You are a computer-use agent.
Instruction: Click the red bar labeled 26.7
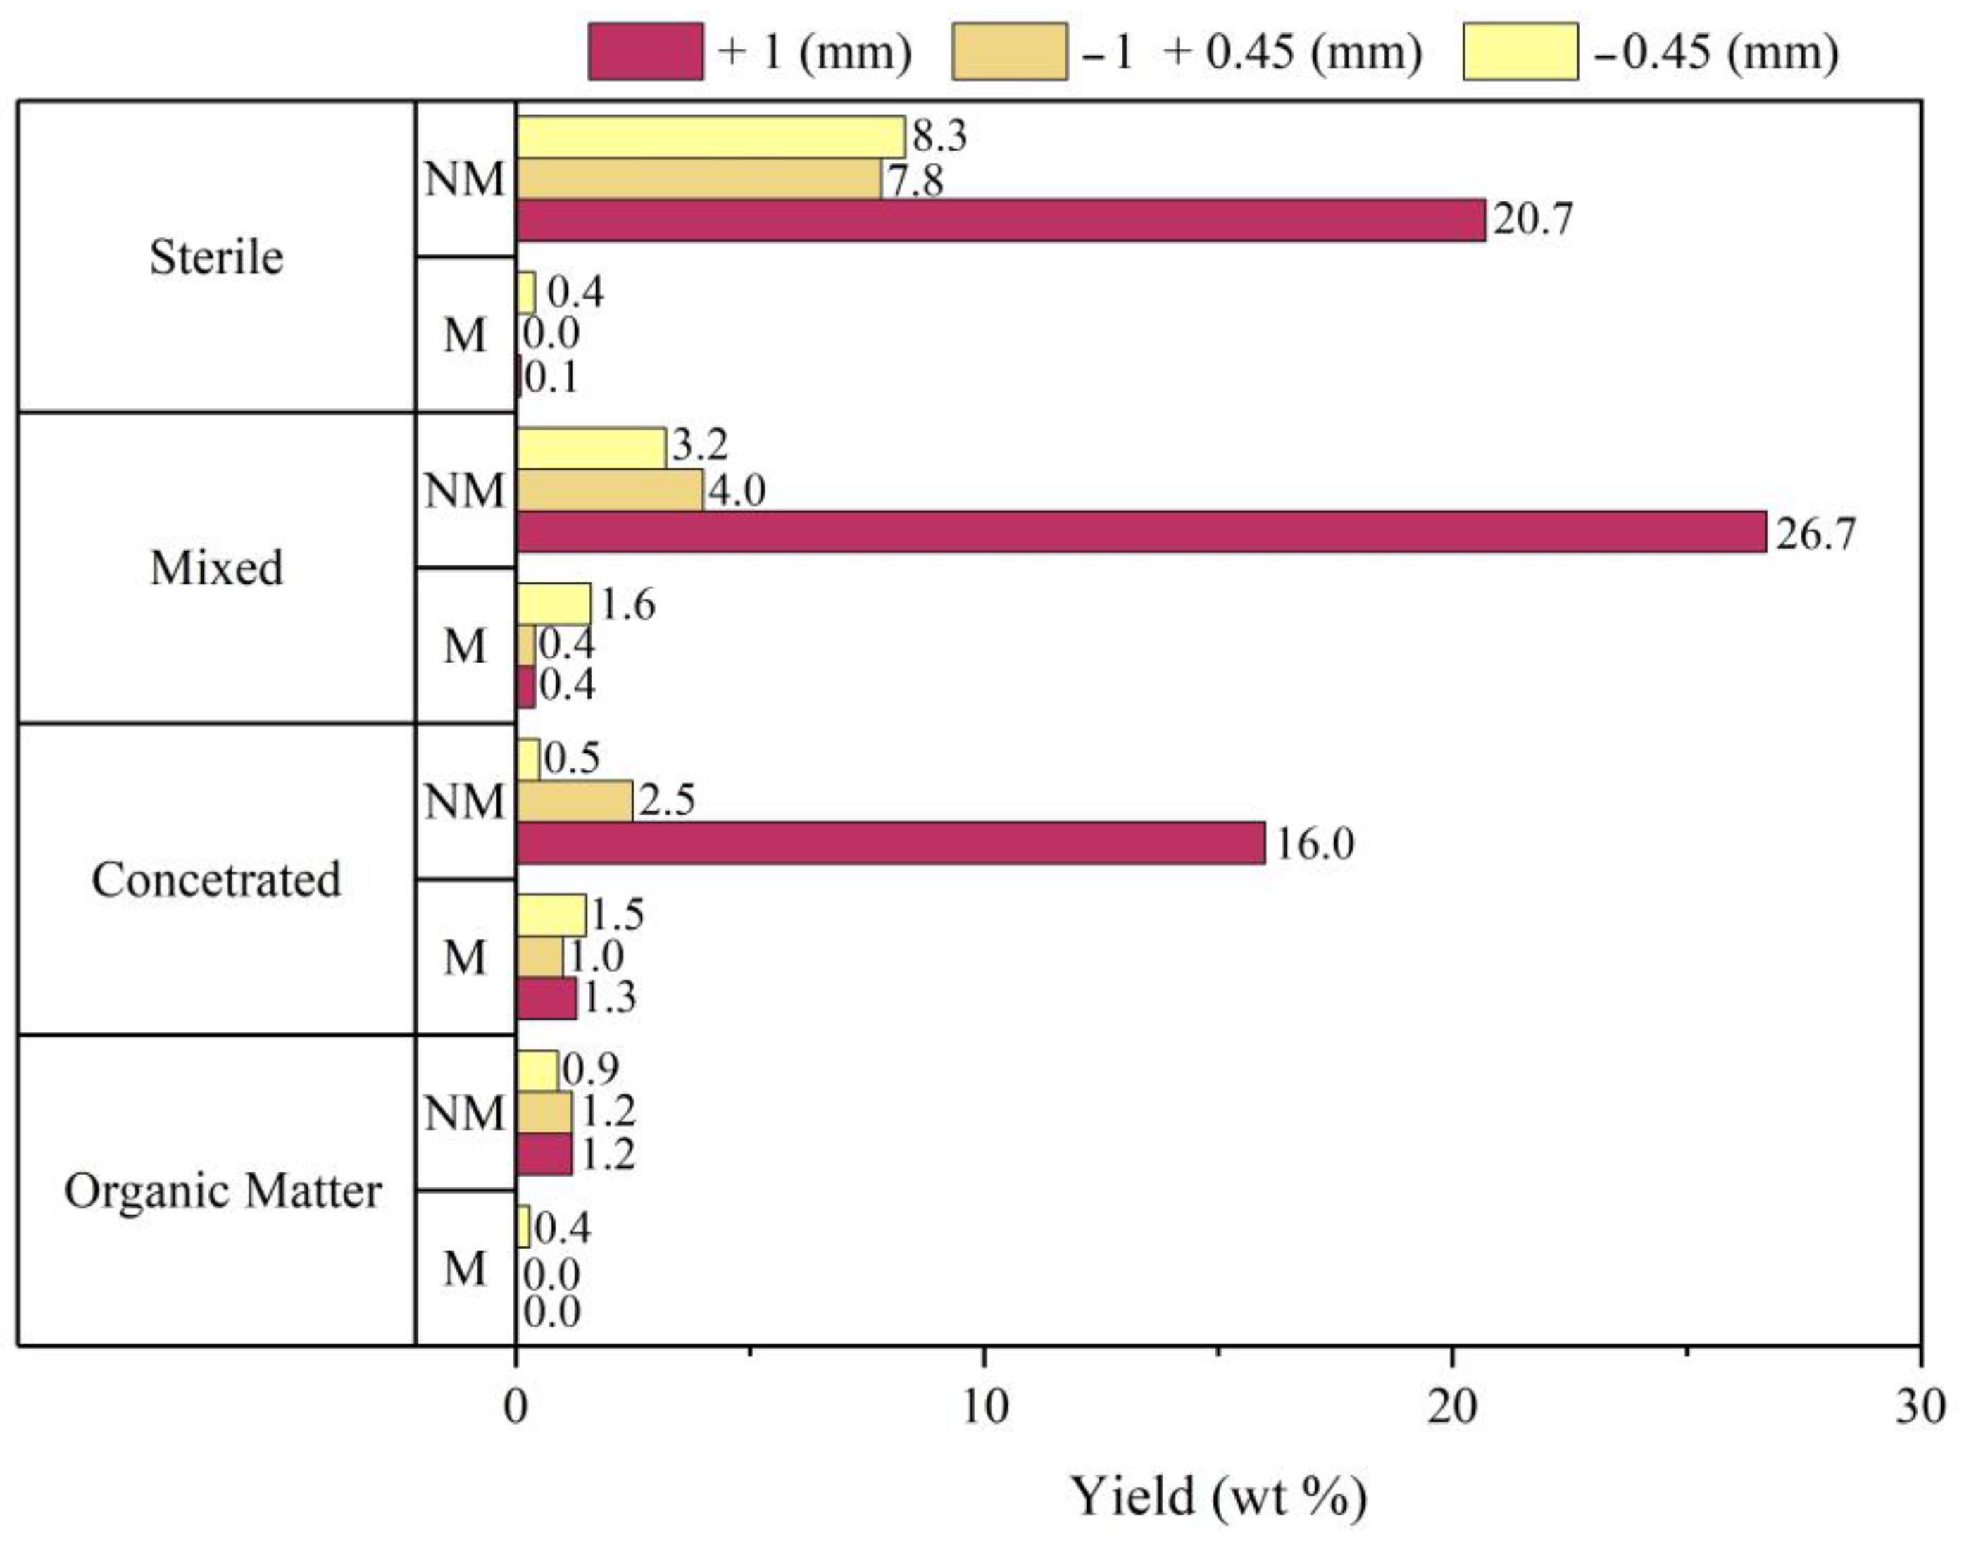1140,531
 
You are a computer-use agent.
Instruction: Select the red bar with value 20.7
1000,220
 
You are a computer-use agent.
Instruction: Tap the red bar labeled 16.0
890,842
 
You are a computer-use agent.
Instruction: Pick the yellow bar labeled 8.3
710,137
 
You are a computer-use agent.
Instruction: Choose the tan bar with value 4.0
609,490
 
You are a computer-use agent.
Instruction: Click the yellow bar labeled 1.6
553,604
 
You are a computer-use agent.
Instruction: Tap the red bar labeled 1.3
546,998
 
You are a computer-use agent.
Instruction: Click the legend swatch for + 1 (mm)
645,51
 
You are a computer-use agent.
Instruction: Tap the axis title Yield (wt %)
1218,1497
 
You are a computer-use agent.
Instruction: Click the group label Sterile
216,257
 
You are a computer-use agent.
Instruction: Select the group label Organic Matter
223,1190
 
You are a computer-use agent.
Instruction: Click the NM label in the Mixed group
464,492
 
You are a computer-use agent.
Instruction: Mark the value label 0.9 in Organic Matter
590,1069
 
